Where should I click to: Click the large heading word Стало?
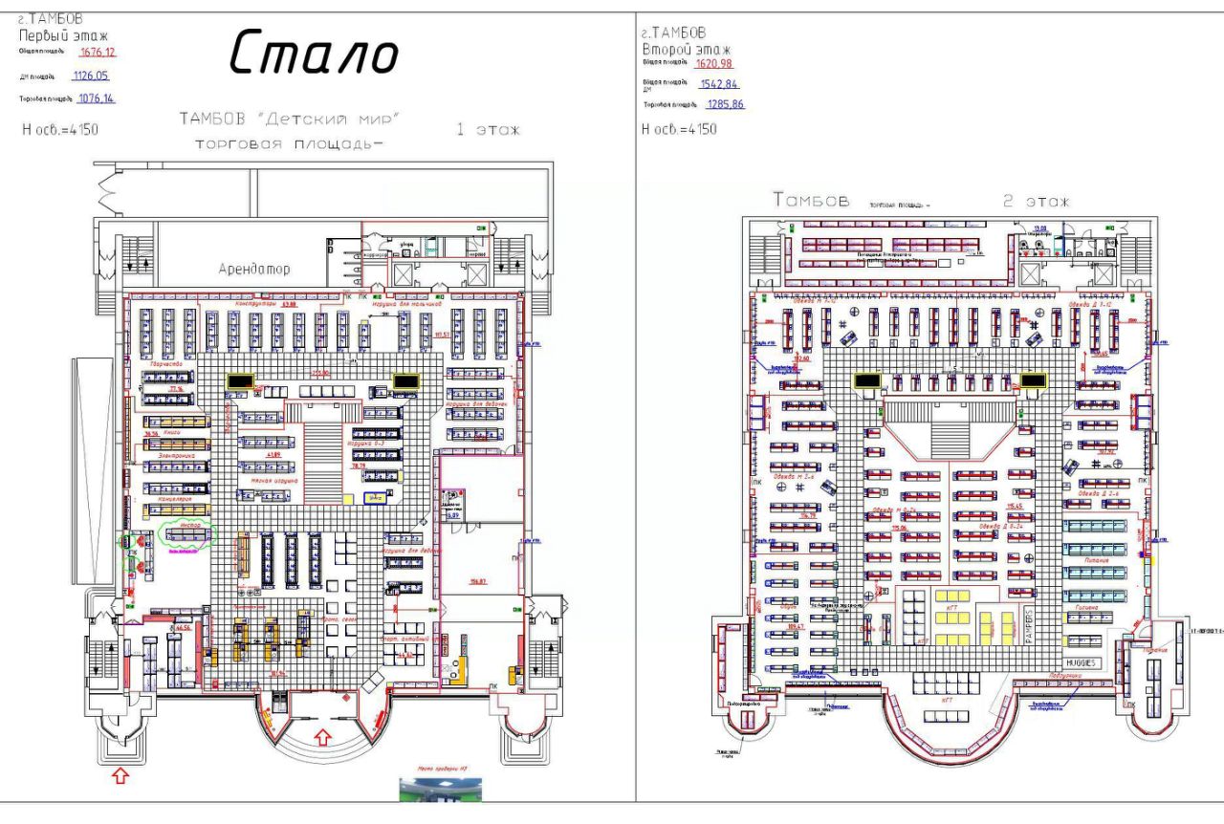coord(314,54)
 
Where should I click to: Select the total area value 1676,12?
coord(98,52)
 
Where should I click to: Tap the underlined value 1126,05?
coord(91,76)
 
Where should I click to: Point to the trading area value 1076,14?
coord(97,98)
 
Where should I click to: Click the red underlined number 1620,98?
coord(714,64)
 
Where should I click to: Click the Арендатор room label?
coord(254,270)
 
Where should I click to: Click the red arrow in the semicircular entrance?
coord(322,736)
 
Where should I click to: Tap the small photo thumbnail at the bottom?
coord(440,790)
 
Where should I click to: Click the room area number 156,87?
coord(478,580)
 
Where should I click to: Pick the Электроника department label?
coord(177,456)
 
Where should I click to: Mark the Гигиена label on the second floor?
coord(1086,607)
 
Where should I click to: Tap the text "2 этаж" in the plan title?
coord(1036,202)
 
